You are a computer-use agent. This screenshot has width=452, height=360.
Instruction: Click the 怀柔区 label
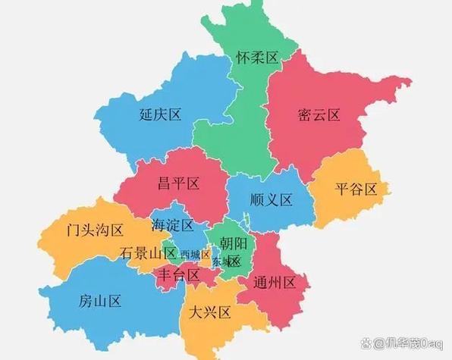coord(258,58)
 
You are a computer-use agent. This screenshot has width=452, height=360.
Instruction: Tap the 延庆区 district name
coord(161,115)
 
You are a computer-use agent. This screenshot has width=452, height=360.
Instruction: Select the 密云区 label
coord(319,115)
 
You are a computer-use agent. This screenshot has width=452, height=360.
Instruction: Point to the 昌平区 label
coord(178,183)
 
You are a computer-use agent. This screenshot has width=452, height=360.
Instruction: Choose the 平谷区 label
coord(356,189)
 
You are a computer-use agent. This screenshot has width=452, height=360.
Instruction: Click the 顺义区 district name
coord(272,200)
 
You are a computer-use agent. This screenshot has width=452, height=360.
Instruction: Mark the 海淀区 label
coord(172,225)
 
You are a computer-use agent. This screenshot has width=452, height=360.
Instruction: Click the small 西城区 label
coord(195,254)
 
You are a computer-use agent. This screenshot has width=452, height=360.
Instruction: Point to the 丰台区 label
coord(177,274)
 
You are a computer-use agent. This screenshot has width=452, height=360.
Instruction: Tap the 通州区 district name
coord(282,282)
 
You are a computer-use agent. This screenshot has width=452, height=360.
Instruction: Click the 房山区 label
coord(100,301)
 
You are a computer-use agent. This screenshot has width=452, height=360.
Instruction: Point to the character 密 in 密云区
coord(306,115)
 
